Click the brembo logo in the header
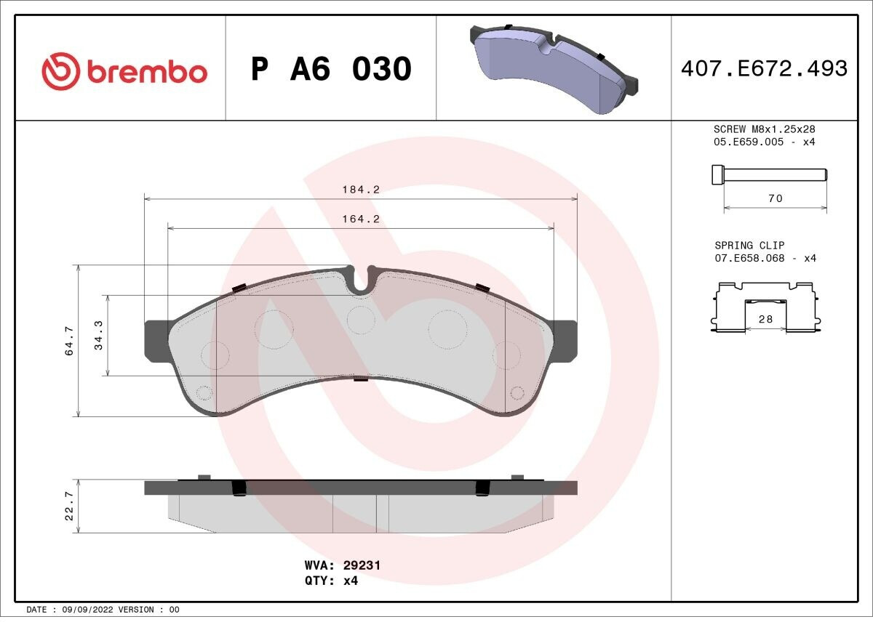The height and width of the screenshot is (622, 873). tap(124, 71)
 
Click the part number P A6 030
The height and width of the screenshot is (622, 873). tap(331, 69)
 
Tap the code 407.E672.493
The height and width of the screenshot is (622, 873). tap(765, 68)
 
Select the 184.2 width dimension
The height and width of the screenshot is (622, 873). tap(361, 190)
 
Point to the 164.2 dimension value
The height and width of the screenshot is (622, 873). tap(361, 219)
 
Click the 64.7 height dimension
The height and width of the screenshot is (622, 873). tap(69, 341)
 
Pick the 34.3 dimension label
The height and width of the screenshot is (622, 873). tap(98, 335)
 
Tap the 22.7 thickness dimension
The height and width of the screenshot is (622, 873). tap(69, 506)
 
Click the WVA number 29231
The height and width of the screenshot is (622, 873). tap(362, 565)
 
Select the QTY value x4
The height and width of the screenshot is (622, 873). tap(351, 581)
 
